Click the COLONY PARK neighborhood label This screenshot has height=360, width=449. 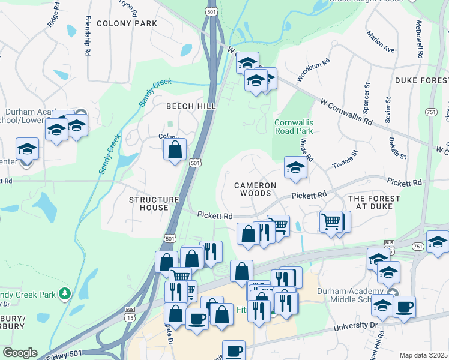tap(126, 23)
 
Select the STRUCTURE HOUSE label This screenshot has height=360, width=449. tap(154, 203)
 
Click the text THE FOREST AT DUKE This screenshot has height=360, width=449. tap(370, 202)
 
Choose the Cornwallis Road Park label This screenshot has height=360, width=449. tap(294, 126)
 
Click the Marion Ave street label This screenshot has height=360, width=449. tap(380, 41)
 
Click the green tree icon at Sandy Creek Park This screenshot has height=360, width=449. tap(64, 294)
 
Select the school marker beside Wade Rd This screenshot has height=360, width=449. tap(296, 168)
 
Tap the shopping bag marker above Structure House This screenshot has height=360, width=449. tap(175, 149)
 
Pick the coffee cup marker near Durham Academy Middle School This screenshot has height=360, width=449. tap(404, 307)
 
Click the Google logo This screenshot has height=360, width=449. tap(20, 353)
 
